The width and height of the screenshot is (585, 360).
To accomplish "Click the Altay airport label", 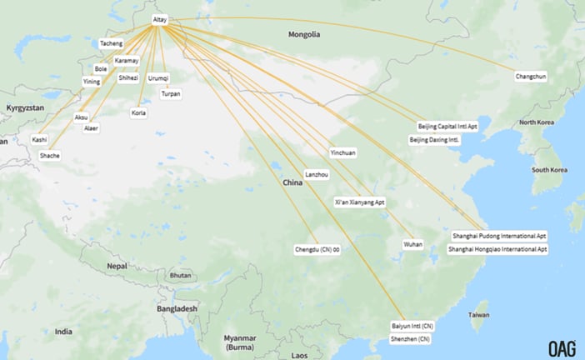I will coord(160,19).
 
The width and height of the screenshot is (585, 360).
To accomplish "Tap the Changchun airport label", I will coord(531,77).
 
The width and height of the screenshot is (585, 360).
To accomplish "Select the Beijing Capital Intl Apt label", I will coord(448,127).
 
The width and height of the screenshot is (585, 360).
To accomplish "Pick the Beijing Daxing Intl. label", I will coord(434,140).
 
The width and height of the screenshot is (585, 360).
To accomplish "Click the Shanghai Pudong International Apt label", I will coord(499,236).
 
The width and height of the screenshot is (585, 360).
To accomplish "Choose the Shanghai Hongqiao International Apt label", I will coord(497,249).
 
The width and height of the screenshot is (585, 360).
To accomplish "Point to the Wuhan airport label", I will coord(412,244).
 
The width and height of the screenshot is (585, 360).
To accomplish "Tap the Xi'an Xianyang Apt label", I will coord(359,202).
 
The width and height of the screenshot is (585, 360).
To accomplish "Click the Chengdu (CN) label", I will coord(317,249).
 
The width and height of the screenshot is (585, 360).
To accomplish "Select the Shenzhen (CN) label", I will coord(411,339).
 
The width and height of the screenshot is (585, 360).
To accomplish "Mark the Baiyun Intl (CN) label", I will coord(412,326).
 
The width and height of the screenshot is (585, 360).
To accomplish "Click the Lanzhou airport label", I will coord(317,174).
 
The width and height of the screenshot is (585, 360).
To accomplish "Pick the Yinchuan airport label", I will coord(342,152).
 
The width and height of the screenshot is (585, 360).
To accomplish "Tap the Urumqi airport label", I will coord(157,77).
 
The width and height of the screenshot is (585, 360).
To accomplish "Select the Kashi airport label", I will coord(39,139).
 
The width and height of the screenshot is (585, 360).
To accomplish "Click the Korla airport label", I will coord(138,112).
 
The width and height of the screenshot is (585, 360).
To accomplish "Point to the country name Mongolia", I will coord(304,35).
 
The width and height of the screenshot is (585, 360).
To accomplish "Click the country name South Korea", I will coord(550,170).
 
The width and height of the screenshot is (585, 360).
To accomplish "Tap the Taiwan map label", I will coord(478,315).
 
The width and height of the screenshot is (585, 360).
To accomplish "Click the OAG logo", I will coord(562,348).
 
